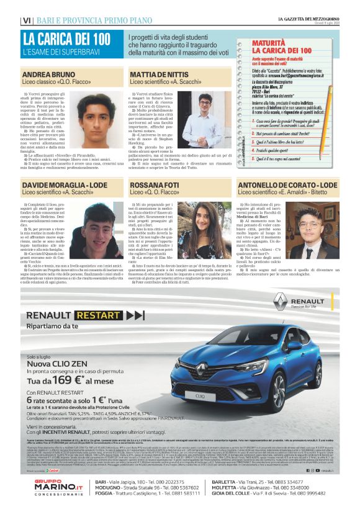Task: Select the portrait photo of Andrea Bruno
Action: [96, 115]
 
